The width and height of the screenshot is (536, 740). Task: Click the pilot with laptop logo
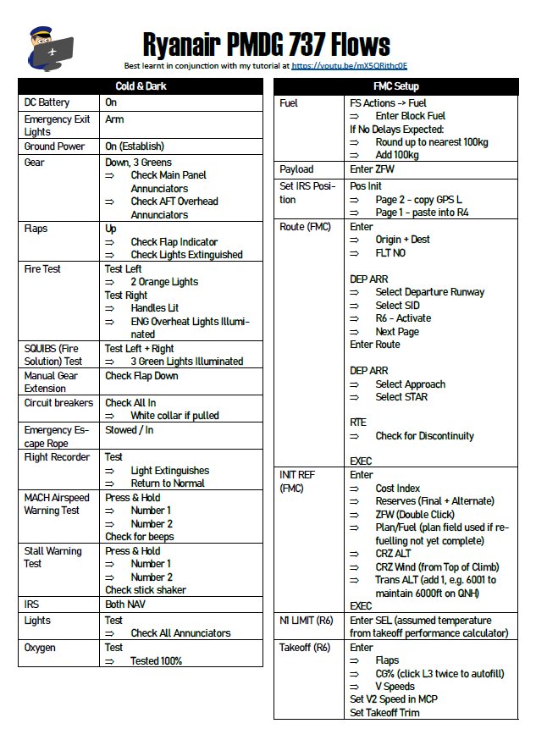point(49,47)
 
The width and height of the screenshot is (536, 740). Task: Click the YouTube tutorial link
point(349,64)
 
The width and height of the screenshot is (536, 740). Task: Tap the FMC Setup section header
point(395,86)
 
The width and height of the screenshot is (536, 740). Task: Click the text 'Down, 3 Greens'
point(138,162)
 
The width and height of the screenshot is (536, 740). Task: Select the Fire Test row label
point(42,268)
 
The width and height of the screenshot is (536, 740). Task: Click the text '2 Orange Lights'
point(164,282)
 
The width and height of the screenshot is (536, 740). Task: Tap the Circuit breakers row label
point(58,403)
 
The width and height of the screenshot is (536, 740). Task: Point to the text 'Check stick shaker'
point(146,590)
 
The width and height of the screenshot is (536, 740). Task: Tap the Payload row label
point(296,169)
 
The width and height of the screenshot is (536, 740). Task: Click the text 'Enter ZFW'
point(372,169)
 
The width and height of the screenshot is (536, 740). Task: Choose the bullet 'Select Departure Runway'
point(429,292)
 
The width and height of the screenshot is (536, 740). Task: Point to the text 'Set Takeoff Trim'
point(384,712)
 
